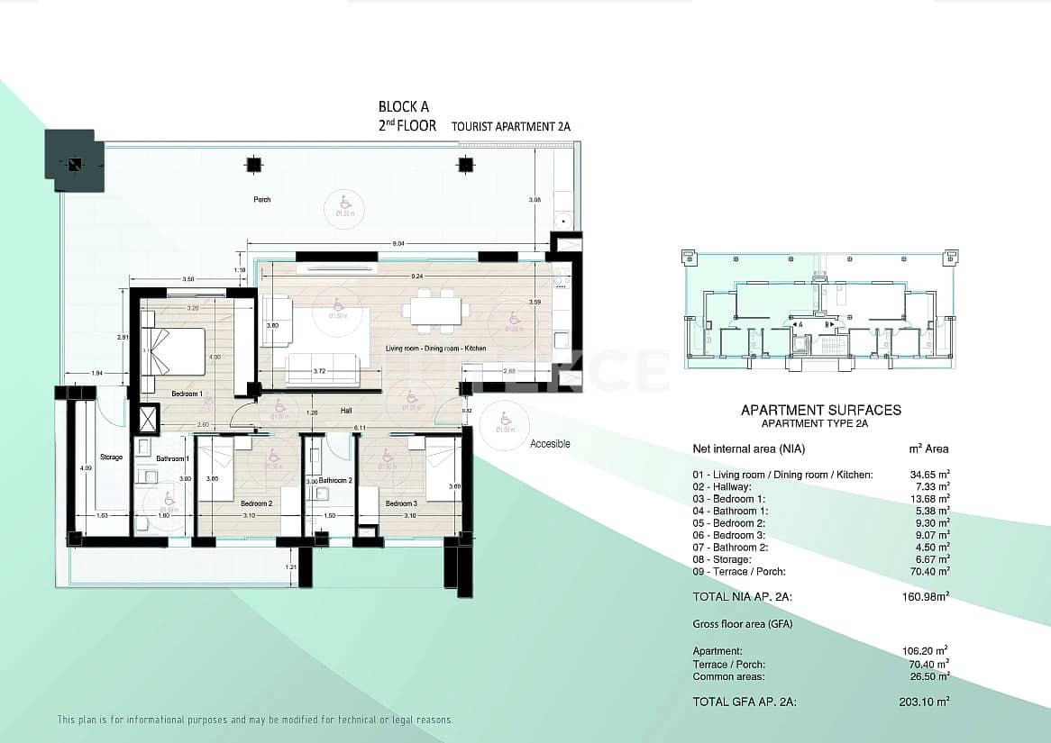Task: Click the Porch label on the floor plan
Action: pyautogui.click(x=262, y=199)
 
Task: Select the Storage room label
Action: pyautogui.click(x=111, y=458)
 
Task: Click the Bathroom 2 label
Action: pyautogui.click(x=334, y=481)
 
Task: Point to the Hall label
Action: pyautogui.click(x=345, y=410)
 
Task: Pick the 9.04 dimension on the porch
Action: pyautogui.click(x=398, y=243)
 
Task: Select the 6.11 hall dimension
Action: pyautogui.click(x=359, y=427)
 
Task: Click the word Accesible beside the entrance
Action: pyautogui.click(x=550, y=444)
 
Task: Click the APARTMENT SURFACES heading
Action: pyautogui.click(x=820, y=411)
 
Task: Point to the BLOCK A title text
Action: pyautogui.click(x=403, y=107)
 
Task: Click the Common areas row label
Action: pyautogui.click(x=728, y=676)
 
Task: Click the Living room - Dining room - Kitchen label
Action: pyautogui.click(x=435, y=348)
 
